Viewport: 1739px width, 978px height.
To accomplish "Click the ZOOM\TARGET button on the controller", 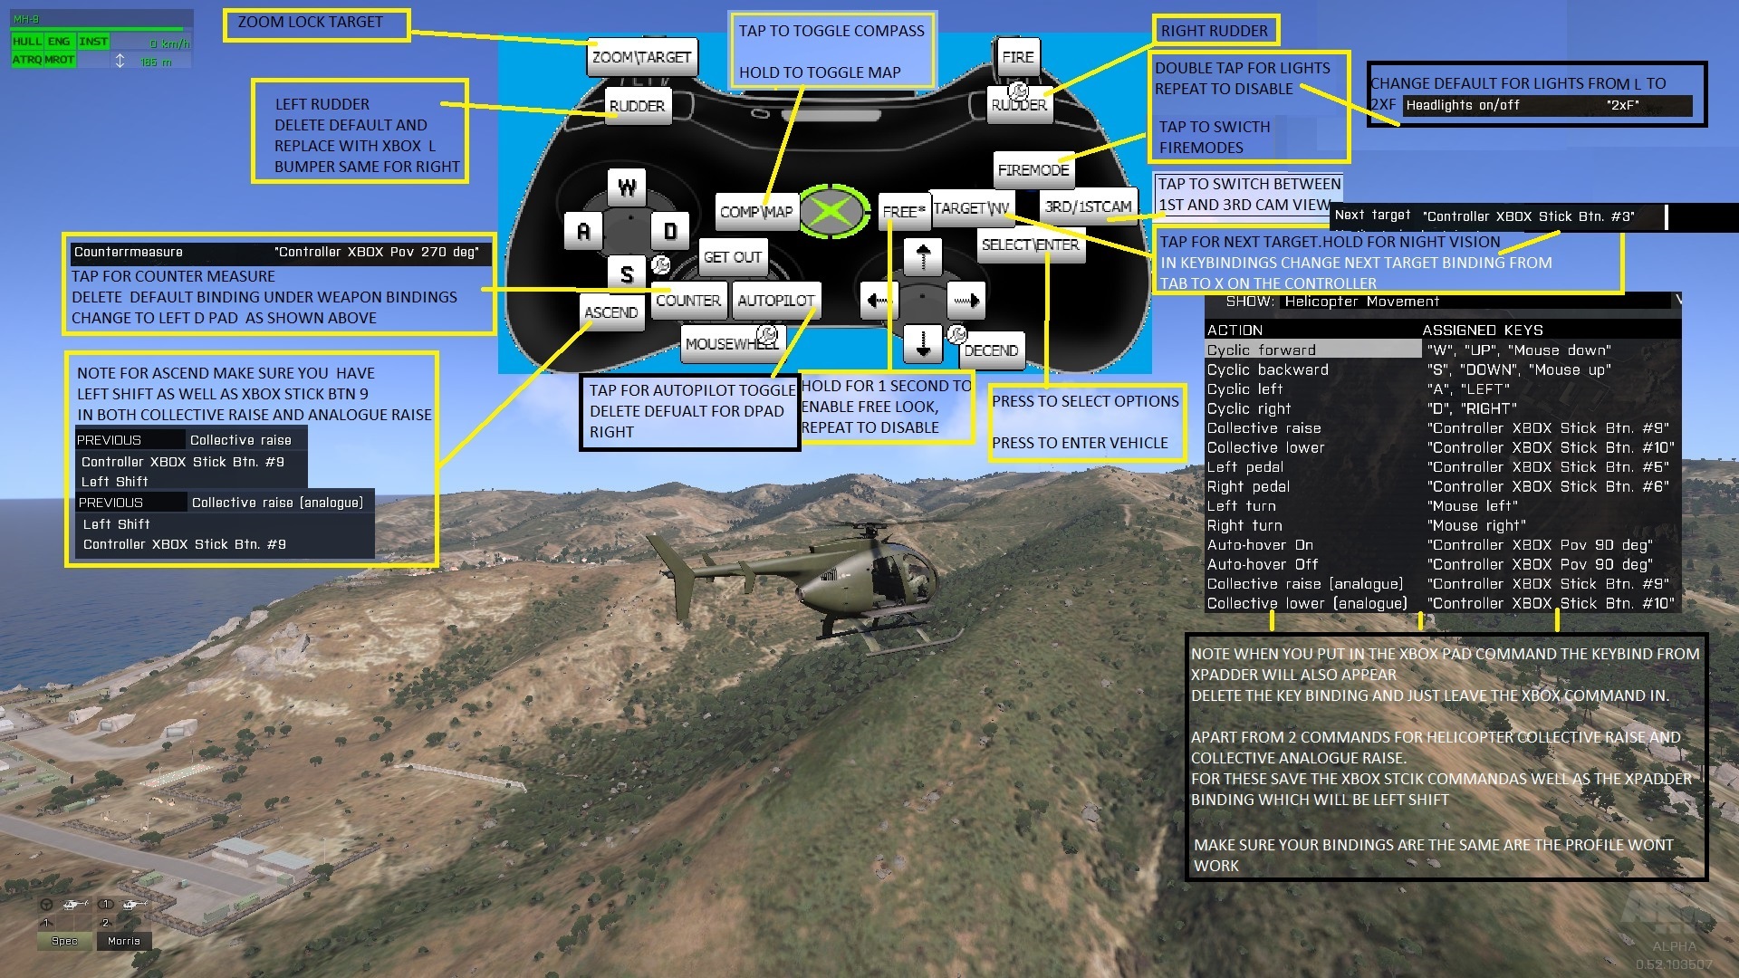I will [x=641, y=57].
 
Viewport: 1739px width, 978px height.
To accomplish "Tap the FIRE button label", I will [x=1017, y=56].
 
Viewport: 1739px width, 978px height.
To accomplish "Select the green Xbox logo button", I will [x=828, y=212].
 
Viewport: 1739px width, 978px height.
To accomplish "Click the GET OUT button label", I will [x=732, y=257].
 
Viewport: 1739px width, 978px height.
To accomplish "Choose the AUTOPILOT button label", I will [x=775, y=301].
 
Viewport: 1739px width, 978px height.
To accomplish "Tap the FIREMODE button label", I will [x=1033, y=169].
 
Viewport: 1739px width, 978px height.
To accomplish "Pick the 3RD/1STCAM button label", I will [x=1088, y=206].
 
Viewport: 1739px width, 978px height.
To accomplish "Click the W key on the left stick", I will [x=627, y=187].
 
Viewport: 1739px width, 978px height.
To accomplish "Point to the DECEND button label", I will [x=991, y=350].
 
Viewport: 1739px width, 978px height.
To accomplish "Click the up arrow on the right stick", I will [x=922, y=256].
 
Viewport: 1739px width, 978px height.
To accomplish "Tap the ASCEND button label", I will [x=610, y=312].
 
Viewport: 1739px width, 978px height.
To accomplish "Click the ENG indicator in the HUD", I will [x=59, y=42].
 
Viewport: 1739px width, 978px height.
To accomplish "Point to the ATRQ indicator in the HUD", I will [x=26, y=60].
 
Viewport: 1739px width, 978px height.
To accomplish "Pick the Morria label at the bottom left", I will [x=123, y=941].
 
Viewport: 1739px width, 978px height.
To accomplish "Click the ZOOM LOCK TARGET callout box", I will [x=319, y=23].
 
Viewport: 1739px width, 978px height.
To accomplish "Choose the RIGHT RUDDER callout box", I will [x=1214, y=31].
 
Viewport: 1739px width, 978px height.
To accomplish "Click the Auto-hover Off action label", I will [x=1262, y=564].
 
